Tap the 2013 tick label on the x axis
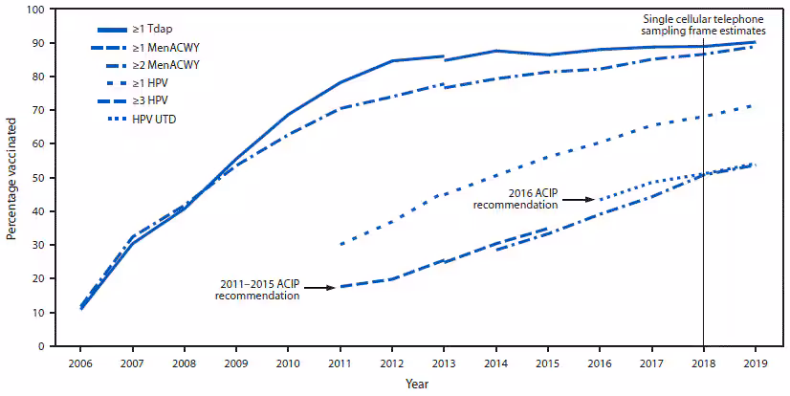coord(444,363)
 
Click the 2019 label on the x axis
coord(755,363)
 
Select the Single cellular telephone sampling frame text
coord(703,25)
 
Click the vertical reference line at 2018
coord(703,239)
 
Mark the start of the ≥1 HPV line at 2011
coord(341,244)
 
